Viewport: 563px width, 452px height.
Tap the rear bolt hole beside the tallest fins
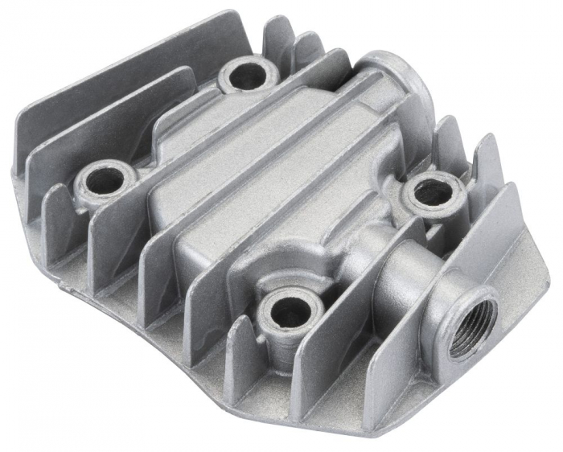coord(247,76)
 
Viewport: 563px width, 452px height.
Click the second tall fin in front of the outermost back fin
coord(105,121)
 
